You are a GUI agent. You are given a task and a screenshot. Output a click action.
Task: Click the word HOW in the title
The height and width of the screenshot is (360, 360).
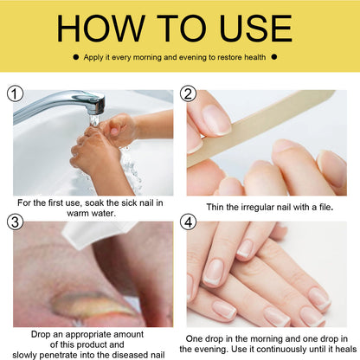click(100, 29)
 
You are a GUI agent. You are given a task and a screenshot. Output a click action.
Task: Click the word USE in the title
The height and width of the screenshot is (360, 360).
click(255, 29)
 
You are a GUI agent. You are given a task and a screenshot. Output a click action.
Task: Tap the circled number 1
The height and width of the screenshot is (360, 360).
click(15, 93)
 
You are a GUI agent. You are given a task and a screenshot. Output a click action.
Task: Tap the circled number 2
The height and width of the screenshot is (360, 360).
click(188, 93)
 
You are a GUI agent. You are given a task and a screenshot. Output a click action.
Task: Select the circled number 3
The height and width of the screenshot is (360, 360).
click(15, 222)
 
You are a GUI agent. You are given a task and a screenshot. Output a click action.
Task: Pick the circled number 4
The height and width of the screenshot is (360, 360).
click(188, 222)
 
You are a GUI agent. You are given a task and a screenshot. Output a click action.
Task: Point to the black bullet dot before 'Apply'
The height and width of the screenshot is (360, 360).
click(76, 57)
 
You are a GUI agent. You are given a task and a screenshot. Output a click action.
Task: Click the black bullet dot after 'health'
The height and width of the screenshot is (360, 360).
click(274, 57)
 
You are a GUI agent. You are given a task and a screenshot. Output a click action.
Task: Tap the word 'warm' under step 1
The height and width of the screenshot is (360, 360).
click(78, 214)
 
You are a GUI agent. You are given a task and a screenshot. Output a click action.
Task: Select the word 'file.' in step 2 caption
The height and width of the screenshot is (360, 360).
click(326, 207)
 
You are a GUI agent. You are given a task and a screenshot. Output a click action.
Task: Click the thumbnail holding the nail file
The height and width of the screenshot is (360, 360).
click(216, 119)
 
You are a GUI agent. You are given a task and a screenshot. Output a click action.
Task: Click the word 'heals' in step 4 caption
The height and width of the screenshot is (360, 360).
click(346, 349)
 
